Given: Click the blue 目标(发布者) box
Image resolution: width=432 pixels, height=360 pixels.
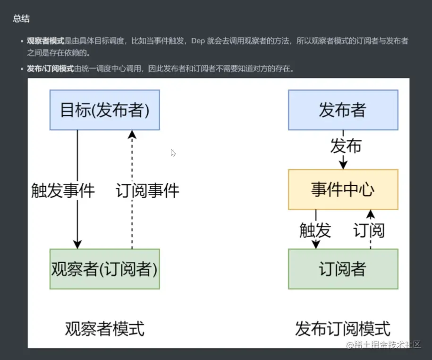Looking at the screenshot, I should pyautogui.click(x=104, y=110).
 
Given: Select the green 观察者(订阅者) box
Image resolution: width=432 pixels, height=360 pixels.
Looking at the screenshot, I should pyautogui.click(x=104, y=269).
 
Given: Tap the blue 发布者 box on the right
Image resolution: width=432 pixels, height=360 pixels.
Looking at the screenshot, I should pyautogui.click(x=343, y=110).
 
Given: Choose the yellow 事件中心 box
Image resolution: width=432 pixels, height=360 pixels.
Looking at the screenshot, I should pyautogui.click(x=343, y=189).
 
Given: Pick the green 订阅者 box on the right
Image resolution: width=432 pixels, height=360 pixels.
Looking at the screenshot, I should pyautogui.click(x=343, y=269).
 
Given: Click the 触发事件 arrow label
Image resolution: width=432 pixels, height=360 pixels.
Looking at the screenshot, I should pyautogui.click(x=63, y=190).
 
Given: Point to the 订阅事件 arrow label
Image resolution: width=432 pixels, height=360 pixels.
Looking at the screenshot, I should pyautogui.click(x=148, y=190).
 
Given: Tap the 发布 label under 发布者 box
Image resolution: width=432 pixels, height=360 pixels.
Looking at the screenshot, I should pyautogui.click(x=346, y=146).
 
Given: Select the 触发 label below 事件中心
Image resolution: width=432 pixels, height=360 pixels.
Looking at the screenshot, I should pyautogui.click(x=315, y=230).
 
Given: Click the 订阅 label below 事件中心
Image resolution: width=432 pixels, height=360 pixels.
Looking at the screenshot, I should pyautogui.click(x=369, y=230).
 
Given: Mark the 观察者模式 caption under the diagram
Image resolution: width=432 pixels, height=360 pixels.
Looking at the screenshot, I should pyautogui.click(x=104, y=328).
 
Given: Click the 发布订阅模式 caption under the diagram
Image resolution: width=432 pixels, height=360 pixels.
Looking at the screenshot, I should pyautogui.click(x=343, y=328).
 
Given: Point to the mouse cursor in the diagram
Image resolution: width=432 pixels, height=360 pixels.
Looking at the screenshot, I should pyautogui.click(x=173, y=153).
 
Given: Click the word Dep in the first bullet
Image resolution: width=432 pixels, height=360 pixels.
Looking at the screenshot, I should pyautogui.click(x=197, y=41).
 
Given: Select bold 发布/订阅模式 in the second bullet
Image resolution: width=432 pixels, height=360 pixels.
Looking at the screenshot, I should pyautogui.click(x=50, y=69).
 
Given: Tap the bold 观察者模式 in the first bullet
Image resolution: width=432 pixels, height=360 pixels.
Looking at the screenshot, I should pyautogui.click(x=45, y=41).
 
